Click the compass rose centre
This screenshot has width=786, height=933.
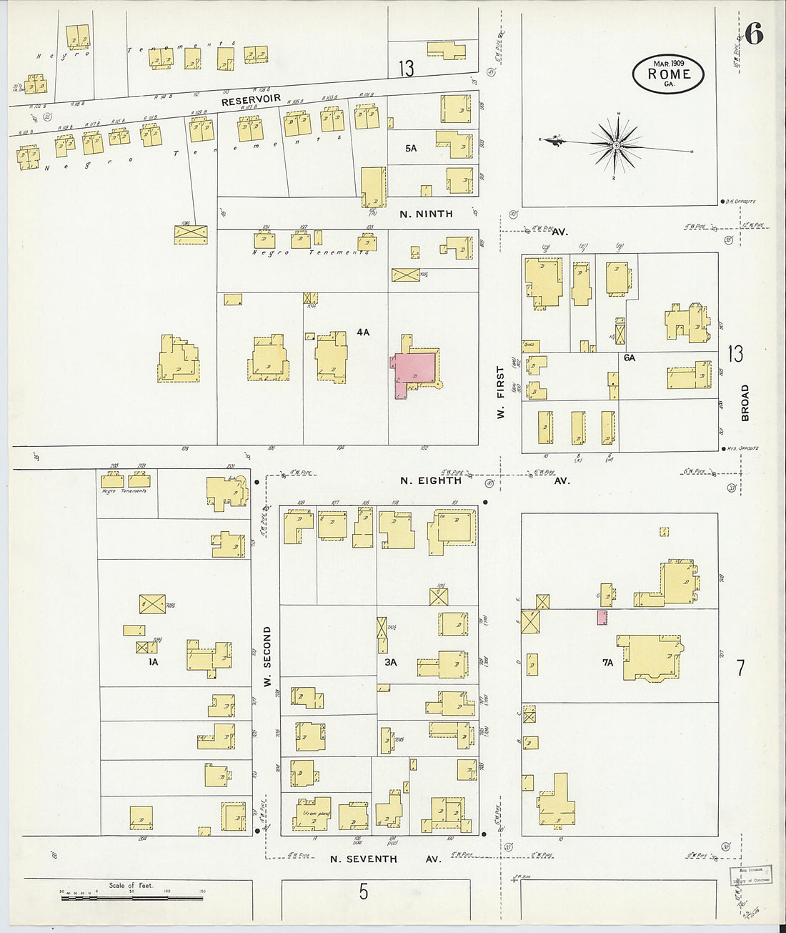(616, 145)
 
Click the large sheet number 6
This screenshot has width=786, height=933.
(754, 34)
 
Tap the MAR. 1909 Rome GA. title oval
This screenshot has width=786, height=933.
(668, 74)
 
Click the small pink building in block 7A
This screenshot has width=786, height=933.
(602, 617)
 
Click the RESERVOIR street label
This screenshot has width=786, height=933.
(251, 100)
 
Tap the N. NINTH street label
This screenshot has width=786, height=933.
(426, 214)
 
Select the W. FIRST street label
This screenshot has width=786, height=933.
(501, 393)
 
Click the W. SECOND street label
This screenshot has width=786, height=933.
(267, 656)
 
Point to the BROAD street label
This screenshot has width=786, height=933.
(745, 403)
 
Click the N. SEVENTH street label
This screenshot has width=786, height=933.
(363, 859)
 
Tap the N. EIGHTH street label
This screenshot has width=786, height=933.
(431, 480)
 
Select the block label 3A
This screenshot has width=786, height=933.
(390, 662)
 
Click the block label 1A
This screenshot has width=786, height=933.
(152, 662)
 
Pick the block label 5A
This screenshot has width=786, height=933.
(410, 148)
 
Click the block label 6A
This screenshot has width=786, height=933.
(629, 357)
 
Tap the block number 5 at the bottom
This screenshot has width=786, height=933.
(363, 892)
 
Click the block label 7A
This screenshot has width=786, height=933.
(607, 663)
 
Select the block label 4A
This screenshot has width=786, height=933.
(364, 332)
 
